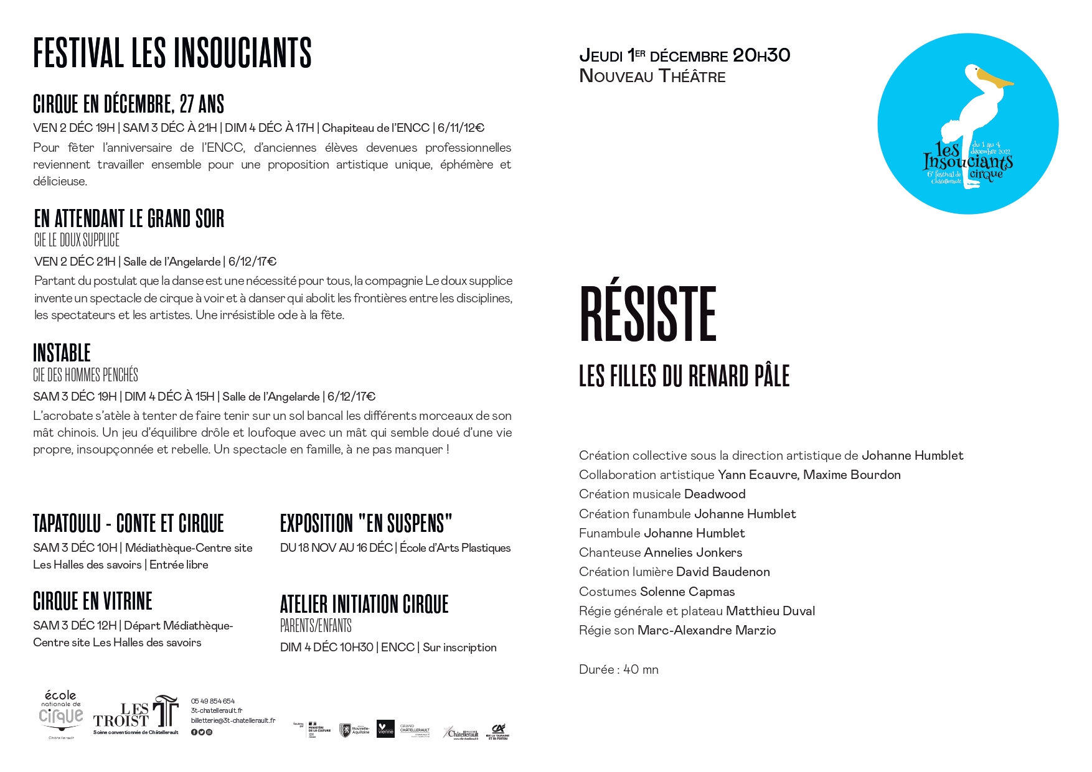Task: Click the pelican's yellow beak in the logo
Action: point(994,80)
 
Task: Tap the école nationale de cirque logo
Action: point(61,714)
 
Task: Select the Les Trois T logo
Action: point(136,714)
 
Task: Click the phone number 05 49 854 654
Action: point(213,701)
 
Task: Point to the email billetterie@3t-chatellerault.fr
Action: point(233,720)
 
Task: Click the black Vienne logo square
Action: point(385,729)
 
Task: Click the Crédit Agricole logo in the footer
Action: point(497,731)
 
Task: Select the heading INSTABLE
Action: point(62,353)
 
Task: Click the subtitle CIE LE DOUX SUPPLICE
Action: point(77,240)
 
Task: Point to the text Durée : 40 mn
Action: point(618,669)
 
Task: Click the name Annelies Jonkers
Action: point(692,552)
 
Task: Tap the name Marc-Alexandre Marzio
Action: point(706,630)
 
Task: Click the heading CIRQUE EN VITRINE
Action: point(93,602)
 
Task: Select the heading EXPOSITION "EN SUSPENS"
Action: point(366,524)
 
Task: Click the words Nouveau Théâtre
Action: point(652,77)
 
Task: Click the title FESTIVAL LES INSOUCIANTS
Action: point(172,53)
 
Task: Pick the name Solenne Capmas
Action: point(687,592)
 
